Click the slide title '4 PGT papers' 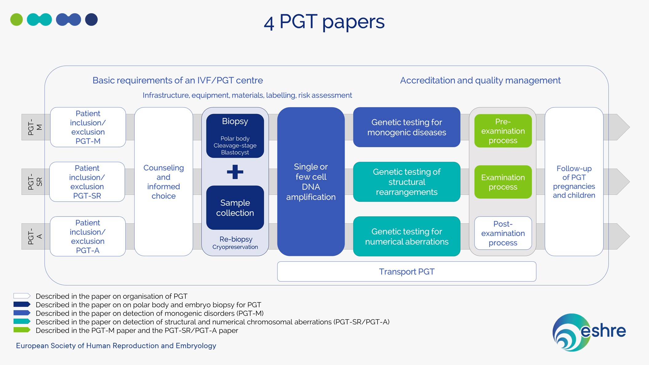point(324,22)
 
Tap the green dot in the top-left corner point(17,20)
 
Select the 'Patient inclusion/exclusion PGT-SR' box point(87,182)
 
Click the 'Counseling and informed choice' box point(164,181)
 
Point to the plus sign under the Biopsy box point(235,172)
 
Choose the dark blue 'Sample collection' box point(235,208)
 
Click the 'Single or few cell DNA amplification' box point(311,181)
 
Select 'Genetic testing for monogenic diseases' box point(406,127)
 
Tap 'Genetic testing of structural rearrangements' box point(406,182)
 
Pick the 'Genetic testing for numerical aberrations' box point(406,236)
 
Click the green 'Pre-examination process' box point(503,131)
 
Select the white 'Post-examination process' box point(503,233)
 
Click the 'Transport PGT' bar point(406,272)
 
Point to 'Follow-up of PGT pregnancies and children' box point(574,181)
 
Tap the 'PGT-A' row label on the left point(35,236)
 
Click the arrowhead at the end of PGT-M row point(623,127)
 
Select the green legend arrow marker point(22,330)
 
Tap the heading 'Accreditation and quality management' point(480,80)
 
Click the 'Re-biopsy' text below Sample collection point(236,239)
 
